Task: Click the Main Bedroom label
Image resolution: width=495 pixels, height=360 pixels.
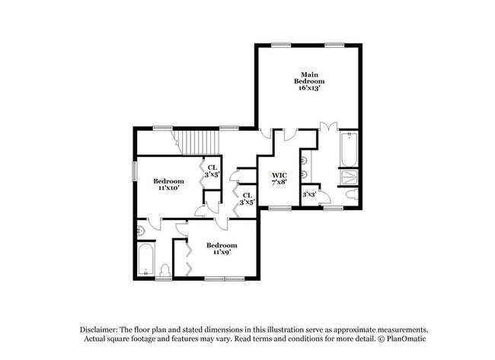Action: [311, 77]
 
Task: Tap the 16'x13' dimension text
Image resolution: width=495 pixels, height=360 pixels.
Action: [311, 88]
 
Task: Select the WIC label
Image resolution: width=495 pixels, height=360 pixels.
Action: [279, 175]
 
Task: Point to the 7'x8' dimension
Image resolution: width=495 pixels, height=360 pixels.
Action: [279, 183]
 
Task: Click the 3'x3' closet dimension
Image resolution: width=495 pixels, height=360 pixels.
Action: [309, 196]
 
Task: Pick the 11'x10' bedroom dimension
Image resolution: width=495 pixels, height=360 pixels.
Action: [168, 188]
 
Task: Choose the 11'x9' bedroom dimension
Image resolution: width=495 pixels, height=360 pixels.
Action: [222, 252]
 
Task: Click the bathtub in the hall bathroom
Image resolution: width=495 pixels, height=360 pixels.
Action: [147, 260]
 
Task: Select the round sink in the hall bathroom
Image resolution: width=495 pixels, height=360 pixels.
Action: [141, 231]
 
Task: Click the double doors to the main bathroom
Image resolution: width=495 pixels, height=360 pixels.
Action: [328, 126]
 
